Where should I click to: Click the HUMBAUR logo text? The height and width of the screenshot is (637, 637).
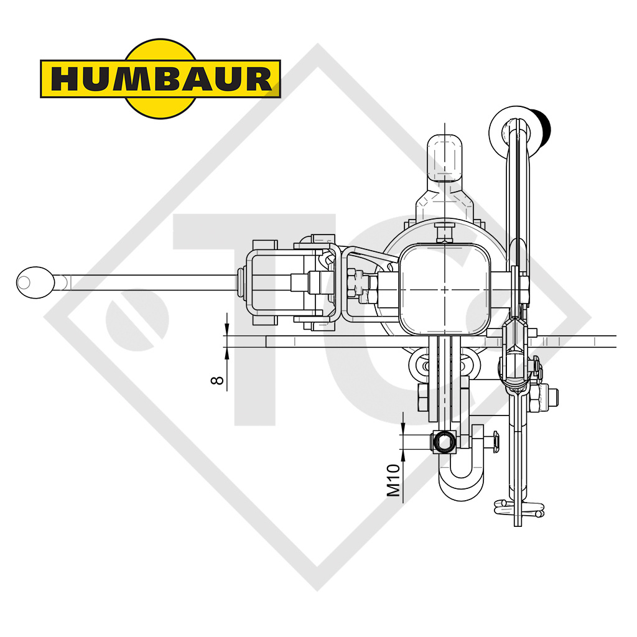click(x=160, y=79)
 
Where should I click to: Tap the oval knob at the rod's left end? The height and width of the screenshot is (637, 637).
click(x=34, y=282)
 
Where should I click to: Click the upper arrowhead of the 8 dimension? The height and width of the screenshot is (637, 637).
click(x=227, y=330)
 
